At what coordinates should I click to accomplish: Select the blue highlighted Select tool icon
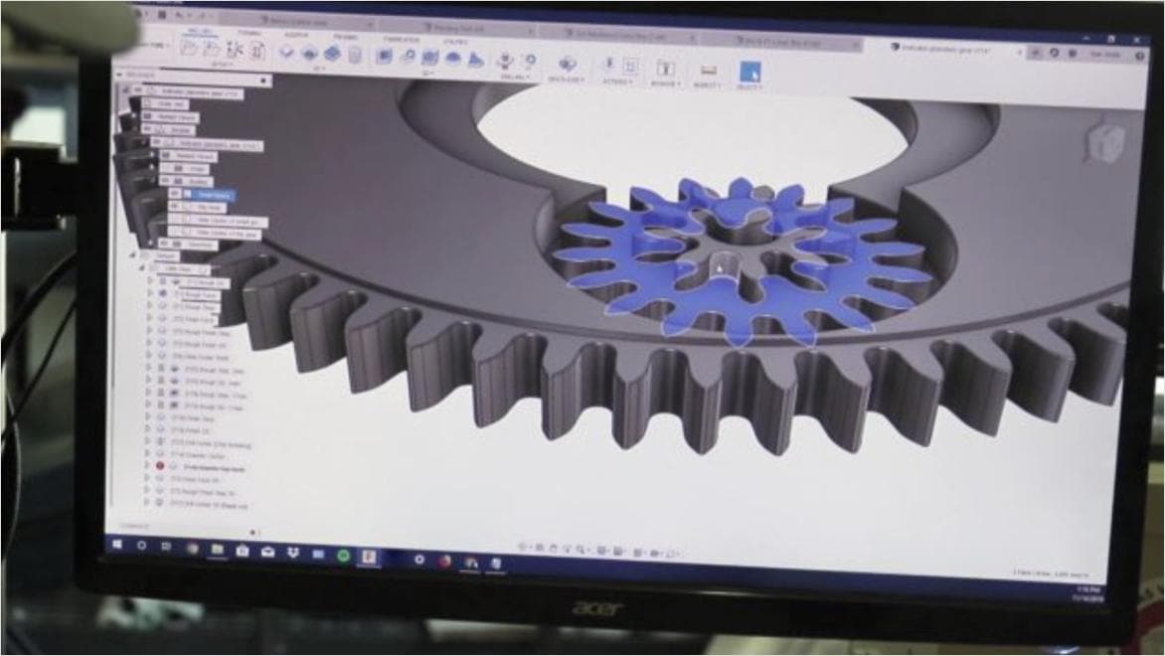click(x=749, y=72)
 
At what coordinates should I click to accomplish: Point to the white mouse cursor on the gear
click(x=720, y=267)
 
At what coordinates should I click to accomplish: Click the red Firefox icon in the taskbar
click(x=444, y=560)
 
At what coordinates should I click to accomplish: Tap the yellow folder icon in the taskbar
click(x=217, y=549)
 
